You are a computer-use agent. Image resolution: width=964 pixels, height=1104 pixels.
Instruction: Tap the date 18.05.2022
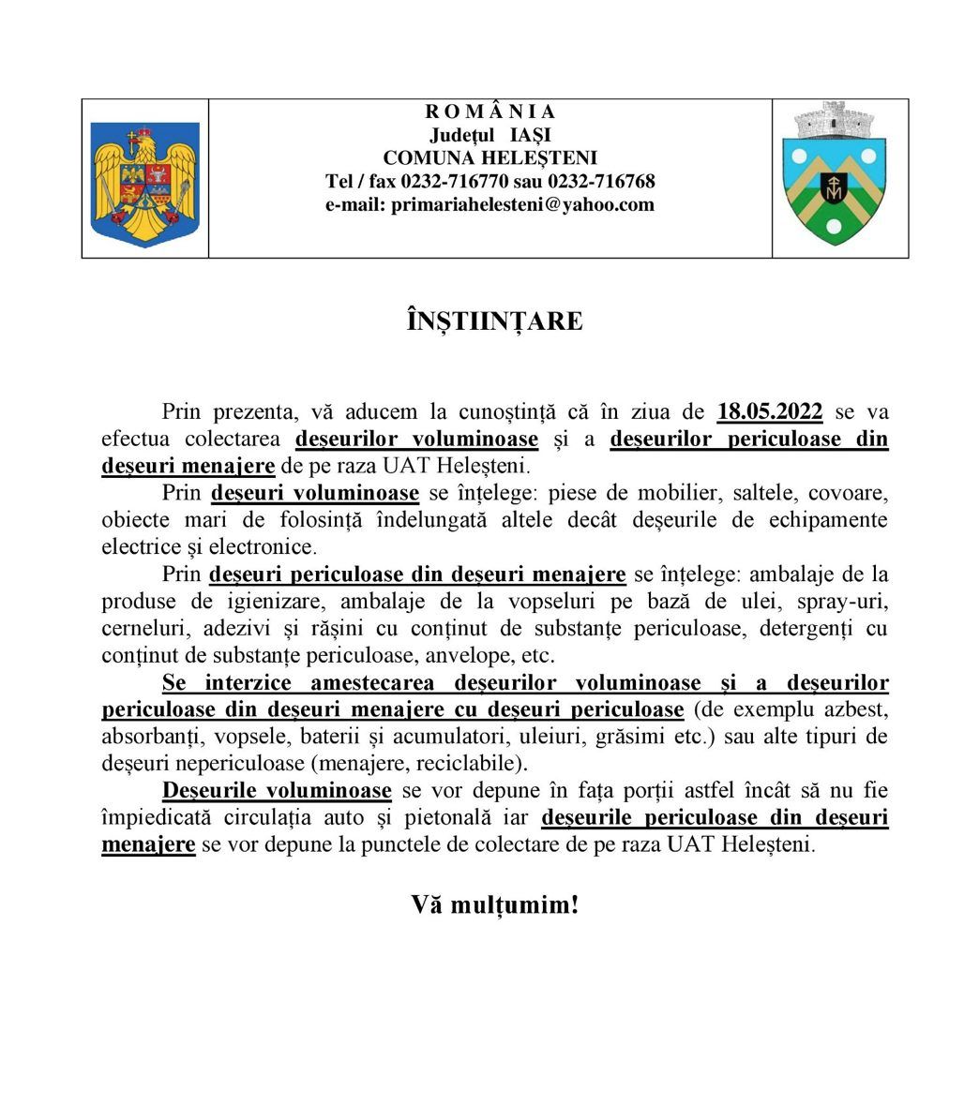pos(770,410)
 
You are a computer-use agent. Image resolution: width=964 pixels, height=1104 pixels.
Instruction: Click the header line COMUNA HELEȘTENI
pos(490,157)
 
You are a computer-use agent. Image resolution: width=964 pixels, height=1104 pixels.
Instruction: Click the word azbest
pos(857,709)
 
